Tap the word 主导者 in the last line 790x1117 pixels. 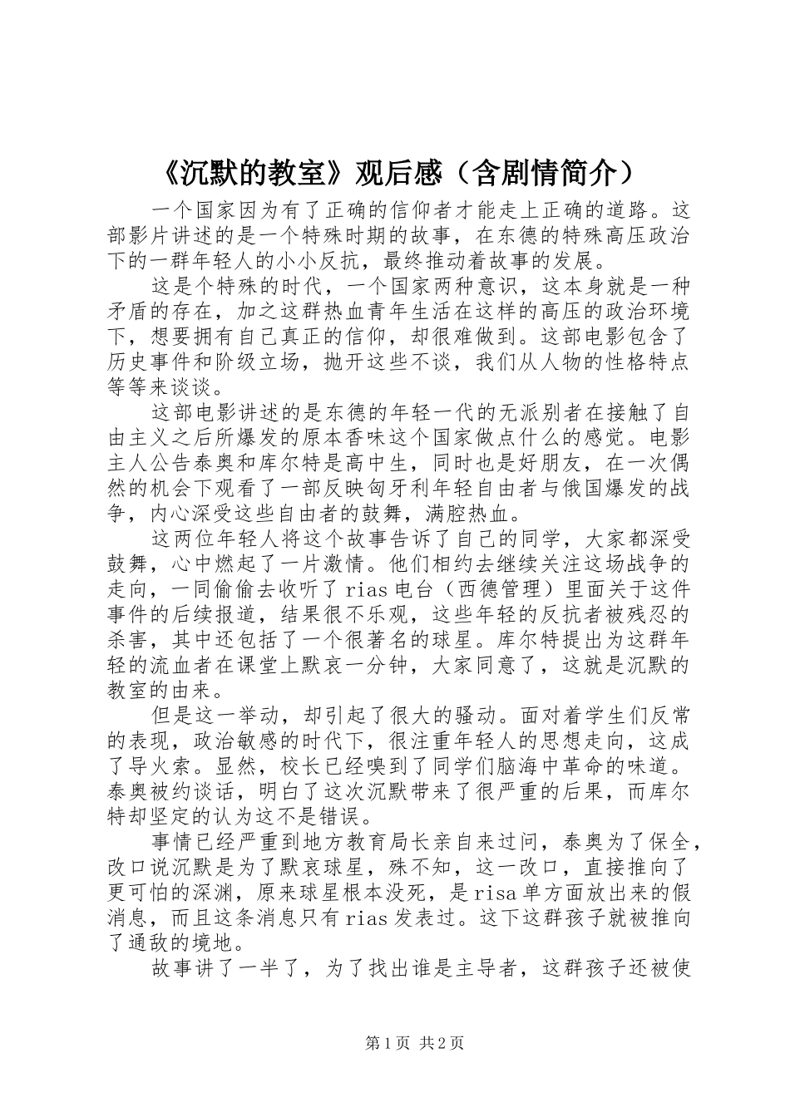tap(486, 969)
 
